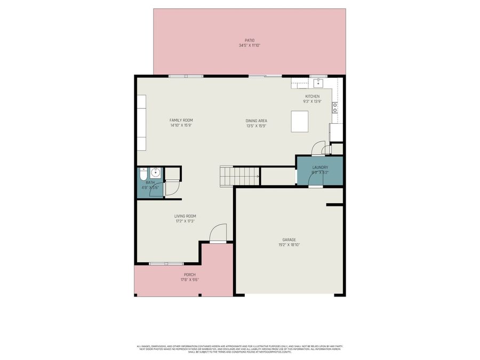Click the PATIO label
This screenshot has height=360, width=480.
pos(249,40)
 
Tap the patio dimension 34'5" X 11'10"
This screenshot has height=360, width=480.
pos(249,46)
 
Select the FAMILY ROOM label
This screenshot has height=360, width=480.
pos(181,121)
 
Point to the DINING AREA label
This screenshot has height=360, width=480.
pos(256,121)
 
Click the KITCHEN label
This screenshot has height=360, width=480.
pos(312,97)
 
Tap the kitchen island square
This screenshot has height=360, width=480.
pos(299,121)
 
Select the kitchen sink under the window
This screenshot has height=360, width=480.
pos(318,83)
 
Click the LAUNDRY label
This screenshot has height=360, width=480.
pos(320,167)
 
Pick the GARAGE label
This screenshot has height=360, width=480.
pos(289,239)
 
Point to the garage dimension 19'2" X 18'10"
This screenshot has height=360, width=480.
pos(289,245)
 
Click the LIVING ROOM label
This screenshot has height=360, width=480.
pos(185,216)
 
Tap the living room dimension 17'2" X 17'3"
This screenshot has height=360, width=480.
pos(185,221)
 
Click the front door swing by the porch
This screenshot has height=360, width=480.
pos(219,233)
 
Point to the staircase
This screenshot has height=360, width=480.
pos(239,175)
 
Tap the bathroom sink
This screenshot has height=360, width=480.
pos(155,173)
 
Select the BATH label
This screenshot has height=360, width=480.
pos(150,182)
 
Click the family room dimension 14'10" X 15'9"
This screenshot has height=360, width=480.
pos(181,126)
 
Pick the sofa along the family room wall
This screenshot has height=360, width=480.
pos(141,123)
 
